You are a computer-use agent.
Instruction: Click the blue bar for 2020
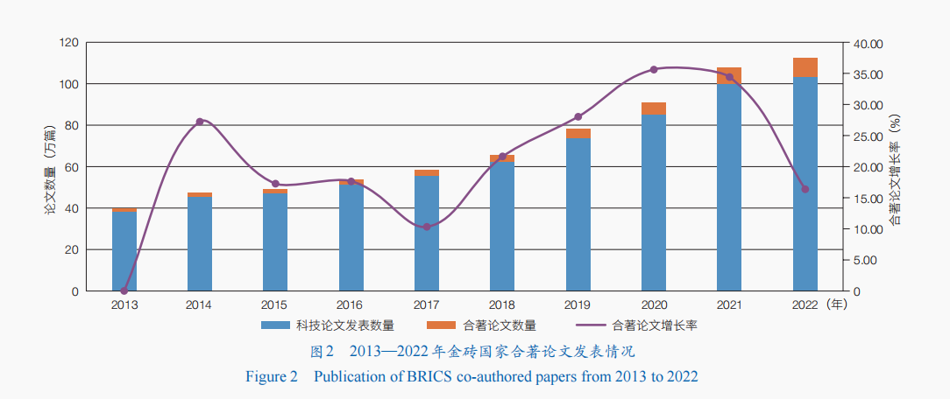tap(653, 203)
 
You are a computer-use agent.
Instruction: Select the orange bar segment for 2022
tap(805, 67)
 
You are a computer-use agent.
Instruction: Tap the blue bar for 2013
tap(124, 251)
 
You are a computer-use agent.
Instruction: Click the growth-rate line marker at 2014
tap(200, 121)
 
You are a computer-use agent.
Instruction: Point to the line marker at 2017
tap(427, 227)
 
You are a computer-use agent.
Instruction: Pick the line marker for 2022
tap(805, 189)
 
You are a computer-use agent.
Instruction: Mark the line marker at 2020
tap(654, 69)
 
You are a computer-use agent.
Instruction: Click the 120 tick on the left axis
tap(69, 43)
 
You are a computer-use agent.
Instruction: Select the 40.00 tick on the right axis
tap(868, 43)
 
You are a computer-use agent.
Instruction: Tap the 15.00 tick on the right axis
tap(868, 199)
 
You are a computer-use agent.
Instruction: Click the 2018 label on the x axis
tap(502, 304)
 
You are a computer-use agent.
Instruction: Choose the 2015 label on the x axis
tap(274, 304)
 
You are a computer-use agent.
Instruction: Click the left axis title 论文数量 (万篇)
tap(50, 167)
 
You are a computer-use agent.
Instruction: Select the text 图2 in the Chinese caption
tap(323, 353)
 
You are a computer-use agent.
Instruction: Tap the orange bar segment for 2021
tap(729, 75)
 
